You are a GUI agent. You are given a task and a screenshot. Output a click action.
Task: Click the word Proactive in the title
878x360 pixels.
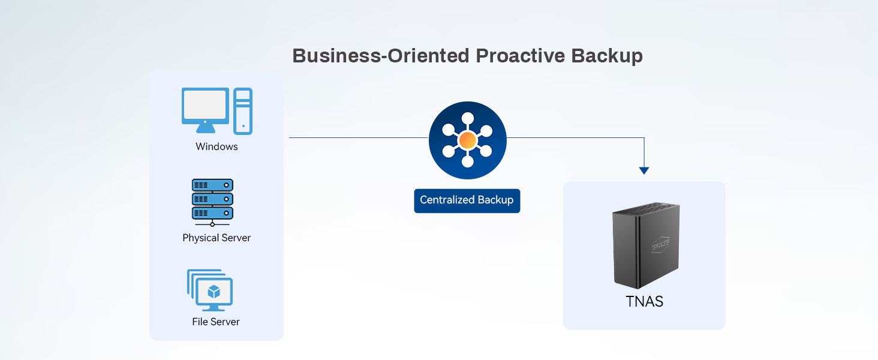519,56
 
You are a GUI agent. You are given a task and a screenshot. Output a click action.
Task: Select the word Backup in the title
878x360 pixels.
606,56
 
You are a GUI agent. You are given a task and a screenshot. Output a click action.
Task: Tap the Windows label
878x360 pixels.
217,146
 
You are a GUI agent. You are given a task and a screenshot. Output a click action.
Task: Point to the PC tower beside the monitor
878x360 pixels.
243,111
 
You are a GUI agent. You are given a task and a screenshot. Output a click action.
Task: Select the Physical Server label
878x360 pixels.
217,238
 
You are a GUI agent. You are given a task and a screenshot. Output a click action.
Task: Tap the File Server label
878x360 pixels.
216,322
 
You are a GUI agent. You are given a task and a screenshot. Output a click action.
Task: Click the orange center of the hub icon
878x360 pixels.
468,141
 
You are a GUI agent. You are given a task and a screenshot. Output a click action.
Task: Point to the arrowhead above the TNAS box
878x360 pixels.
644,170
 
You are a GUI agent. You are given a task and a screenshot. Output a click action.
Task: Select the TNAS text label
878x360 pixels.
645,301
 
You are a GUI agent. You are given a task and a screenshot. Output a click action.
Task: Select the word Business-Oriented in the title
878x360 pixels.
380,56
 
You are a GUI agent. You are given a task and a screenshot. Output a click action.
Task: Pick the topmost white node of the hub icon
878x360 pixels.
468,118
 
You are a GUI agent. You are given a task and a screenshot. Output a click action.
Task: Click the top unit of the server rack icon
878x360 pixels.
212,185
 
